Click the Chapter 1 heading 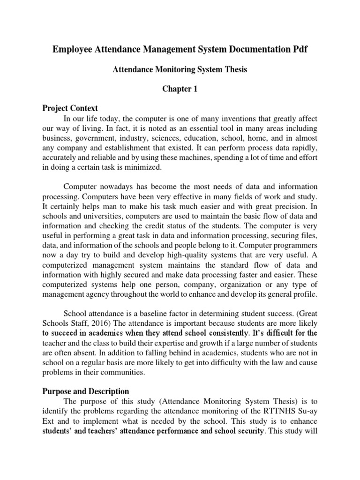coord(180,89)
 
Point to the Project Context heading coord(70,108)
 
